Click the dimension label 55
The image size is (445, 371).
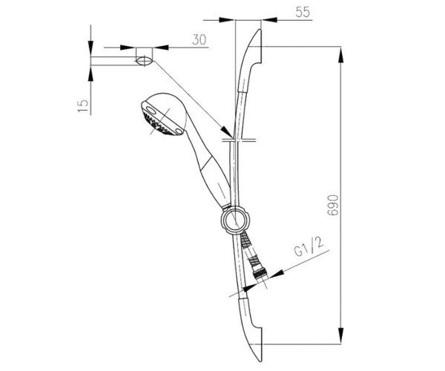(303, 12)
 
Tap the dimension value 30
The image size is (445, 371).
(199, 39)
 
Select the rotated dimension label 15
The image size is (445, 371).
(83, 106)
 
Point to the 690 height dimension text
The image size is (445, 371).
(333, 206)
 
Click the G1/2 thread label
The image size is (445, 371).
(309, 247)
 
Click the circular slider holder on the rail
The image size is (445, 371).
(235, 220)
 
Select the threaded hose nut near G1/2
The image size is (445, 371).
(260, 274)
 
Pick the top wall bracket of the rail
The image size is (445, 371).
(251, 59)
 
